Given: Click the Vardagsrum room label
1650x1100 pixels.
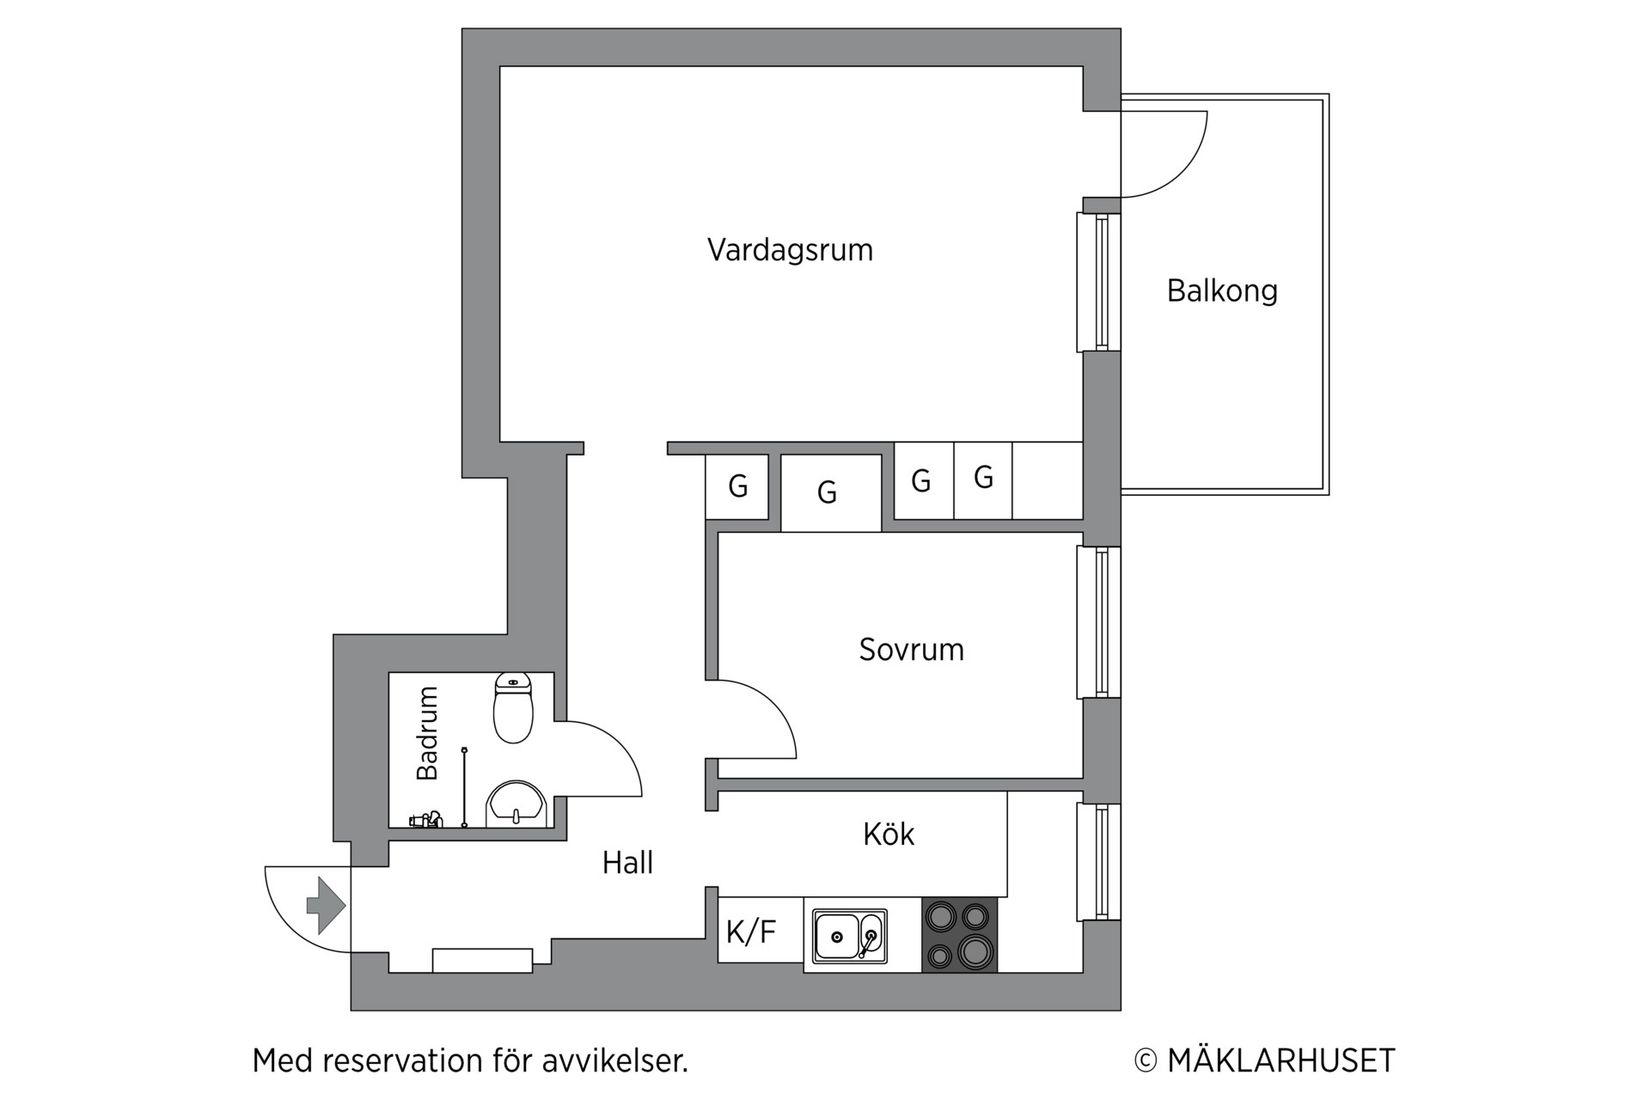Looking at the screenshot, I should [x=790, y=250].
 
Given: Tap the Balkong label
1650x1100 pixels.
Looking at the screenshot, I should [x=1222, y=291].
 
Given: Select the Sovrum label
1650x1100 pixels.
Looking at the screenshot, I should [x=911, y=650].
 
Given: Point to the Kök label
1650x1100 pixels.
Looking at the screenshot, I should [x=888, y=834].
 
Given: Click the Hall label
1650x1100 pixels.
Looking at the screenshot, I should [x=628, y=863].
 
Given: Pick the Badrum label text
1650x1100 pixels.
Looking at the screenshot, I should [x=428, y=733].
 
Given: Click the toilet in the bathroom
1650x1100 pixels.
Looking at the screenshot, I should [x=514, y=708].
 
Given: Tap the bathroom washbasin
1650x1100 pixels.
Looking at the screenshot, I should [x=515, y=805].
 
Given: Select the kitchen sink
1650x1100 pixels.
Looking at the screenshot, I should [x=848, y=937].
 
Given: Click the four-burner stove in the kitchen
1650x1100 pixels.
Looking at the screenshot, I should [x=959, y=934].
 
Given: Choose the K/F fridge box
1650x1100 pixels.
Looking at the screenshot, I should [x=752, y=932].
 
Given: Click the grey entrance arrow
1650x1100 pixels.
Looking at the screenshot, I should [x=326, y=906].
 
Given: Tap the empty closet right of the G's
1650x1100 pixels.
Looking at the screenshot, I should [x=1047, y=481].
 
